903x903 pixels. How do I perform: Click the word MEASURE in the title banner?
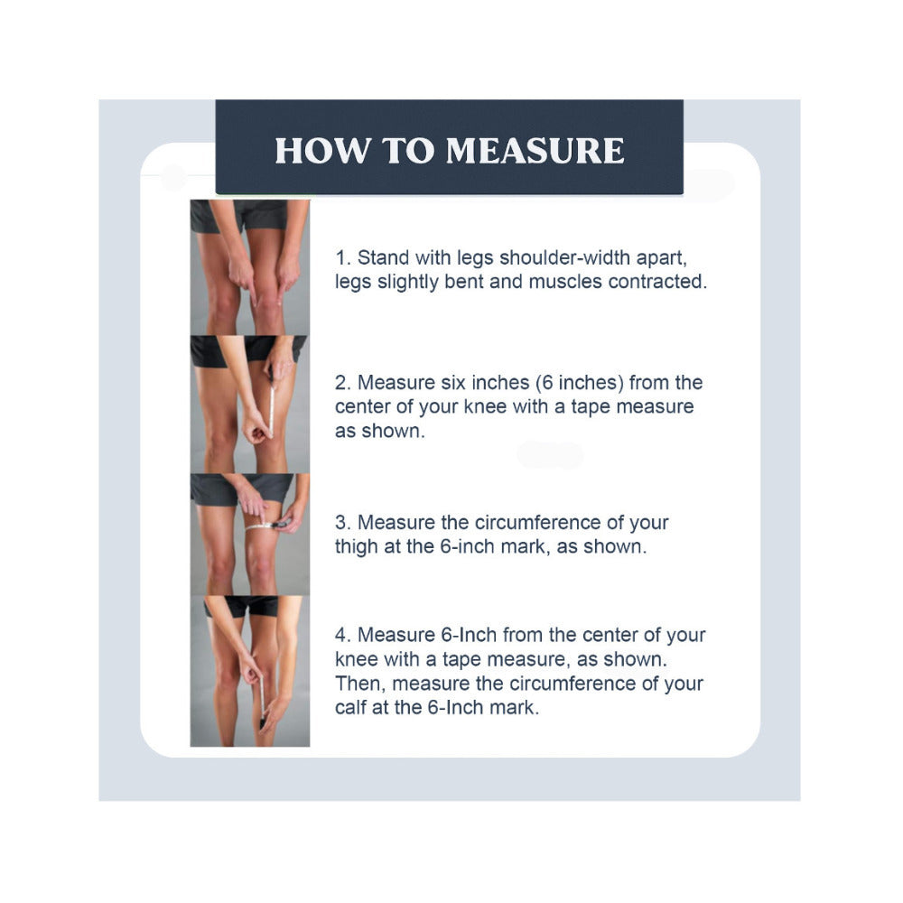tap(535, 151)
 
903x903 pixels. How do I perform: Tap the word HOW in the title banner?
tap(322, 151)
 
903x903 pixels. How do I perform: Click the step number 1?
tap(342, 258)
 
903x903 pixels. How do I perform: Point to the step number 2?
tap(342, 383)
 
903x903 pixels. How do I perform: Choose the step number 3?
tap(342, 523)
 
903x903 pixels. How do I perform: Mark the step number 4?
tap(342, 635)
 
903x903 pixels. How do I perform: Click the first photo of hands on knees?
tap(250, 267)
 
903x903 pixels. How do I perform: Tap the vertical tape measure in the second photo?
tap(271, 410)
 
